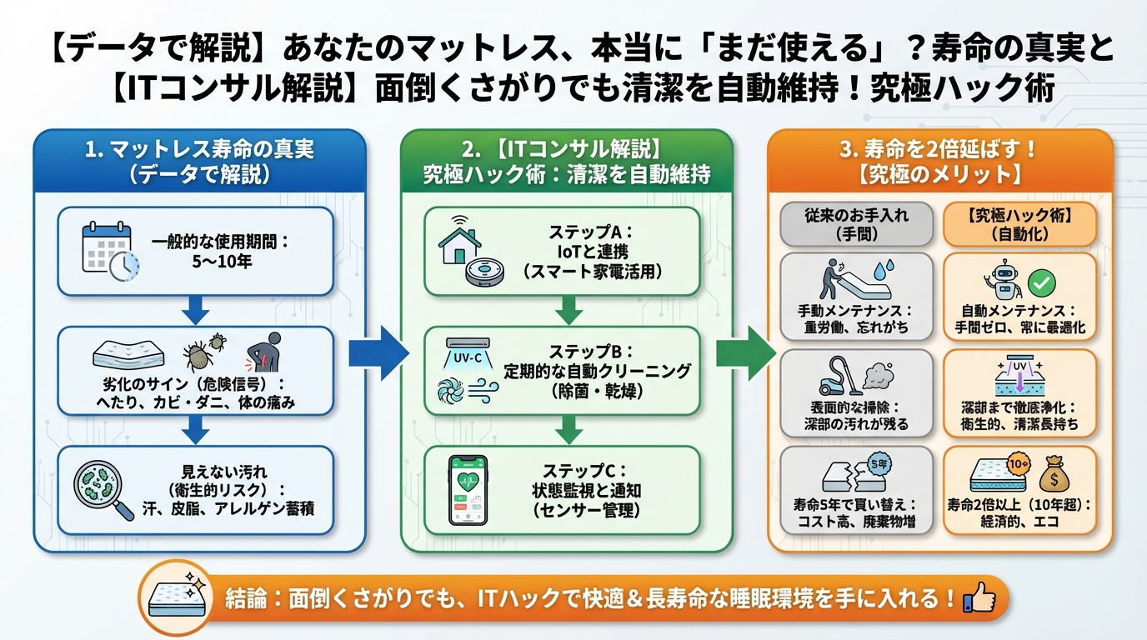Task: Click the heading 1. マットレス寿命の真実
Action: (x=199, y=151)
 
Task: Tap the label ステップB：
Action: (x=591, y=350)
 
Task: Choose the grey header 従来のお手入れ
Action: (x=857, y=223)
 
